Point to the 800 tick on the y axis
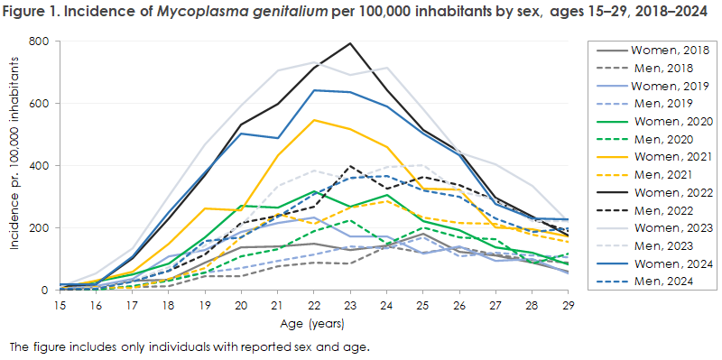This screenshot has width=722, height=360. pos(39,42)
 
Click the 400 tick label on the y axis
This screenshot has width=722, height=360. pos(39,166)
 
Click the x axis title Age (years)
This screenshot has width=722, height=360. pos(312,323)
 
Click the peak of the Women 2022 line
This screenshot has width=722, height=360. pos(349,43)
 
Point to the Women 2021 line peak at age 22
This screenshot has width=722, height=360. pos(313,120)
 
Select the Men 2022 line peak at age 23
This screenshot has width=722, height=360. pos(349,166)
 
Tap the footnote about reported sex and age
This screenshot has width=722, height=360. pos(190,346)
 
